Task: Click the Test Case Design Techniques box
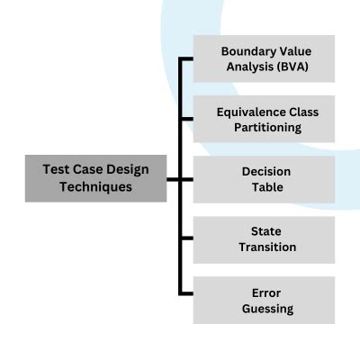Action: [95, 178]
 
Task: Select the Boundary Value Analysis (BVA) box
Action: [264, 58]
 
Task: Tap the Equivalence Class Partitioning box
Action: [264, 120]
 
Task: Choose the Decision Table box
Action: [264, 179]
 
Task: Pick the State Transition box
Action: [264, 239]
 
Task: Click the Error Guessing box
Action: [264, 300]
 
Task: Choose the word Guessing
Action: [267, 309]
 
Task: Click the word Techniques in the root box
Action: [95, 187]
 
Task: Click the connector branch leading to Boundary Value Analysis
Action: [186, 59]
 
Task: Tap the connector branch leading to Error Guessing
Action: [186, 294]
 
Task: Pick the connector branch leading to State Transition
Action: [186, 239]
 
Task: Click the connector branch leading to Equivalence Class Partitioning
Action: [186, 120]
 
